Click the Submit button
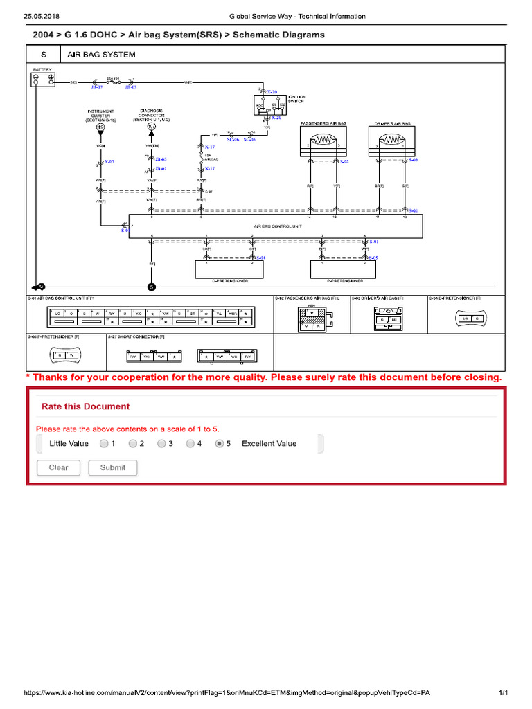click(x=112, y=467)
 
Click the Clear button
click(x=59, y=467)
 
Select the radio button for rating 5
click(x=220, y=443)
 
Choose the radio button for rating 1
click(x=103, y=443)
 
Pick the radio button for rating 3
click(x=161, y=443)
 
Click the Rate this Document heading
click(x=85, y=406)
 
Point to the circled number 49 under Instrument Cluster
click(x=100, y=127)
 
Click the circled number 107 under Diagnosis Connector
click(x=152, y=127)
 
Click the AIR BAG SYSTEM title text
click(x=101, y=54)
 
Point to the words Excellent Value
click(x=269, y=443)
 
